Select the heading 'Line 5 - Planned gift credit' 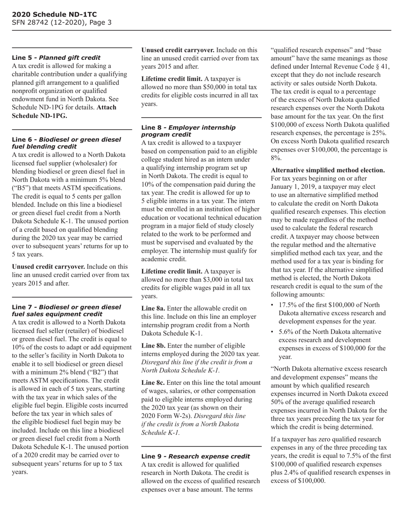56,58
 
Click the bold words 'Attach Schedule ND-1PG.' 64,112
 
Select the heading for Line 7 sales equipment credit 66,310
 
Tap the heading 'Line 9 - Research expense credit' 195,456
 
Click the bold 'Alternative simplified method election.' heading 327,170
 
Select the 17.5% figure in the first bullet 288,305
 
